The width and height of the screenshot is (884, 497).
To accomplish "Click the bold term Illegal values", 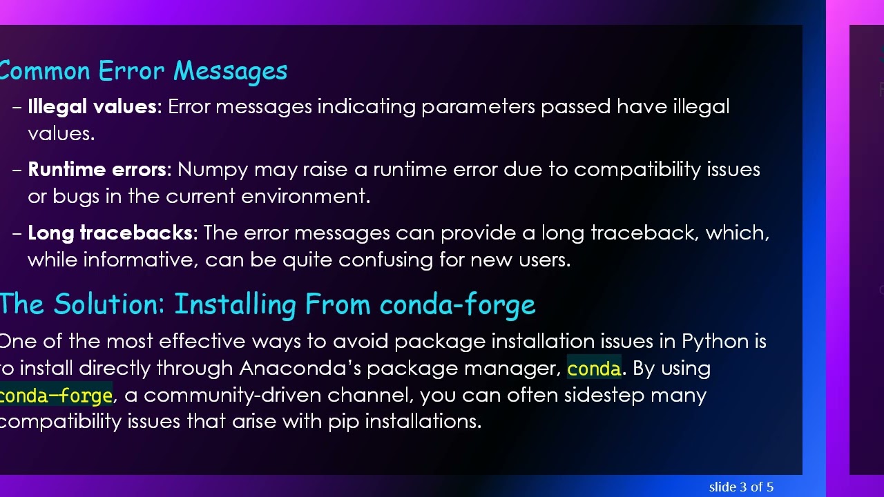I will click(x=92, y=107).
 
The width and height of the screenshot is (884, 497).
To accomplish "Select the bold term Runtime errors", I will click(x=97, y=170).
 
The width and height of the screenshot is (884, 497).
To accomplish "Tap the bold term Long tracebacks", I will click(x=110, y=233).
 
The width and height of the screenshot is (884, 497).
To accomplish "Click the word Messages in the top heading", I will click(x=230, y=71).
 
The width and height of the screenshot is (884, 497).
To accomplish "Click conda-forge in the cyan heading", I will click(x=457, y=304).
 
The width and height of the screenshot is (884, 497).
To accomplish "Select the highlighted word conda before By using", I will click(x=593, y=369).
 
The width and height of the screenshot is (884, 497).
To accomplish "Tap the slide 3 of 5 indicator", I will click(x=740, y=487).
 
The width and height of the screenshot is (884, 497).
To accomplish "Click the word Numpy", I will click(x=213, y=170).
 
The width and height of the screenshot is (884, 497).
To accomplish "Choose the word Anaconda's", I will click(x=300, y=369).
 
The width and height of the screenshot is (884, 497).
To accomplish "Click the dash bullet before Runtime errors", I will click(x=17, y=170).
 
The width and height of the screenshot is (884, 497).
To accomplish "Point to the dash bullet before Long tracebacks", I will click(x=17, y=233).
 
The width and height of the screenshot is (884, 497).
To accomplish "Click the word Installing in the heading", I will click(x=236, y=304).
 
